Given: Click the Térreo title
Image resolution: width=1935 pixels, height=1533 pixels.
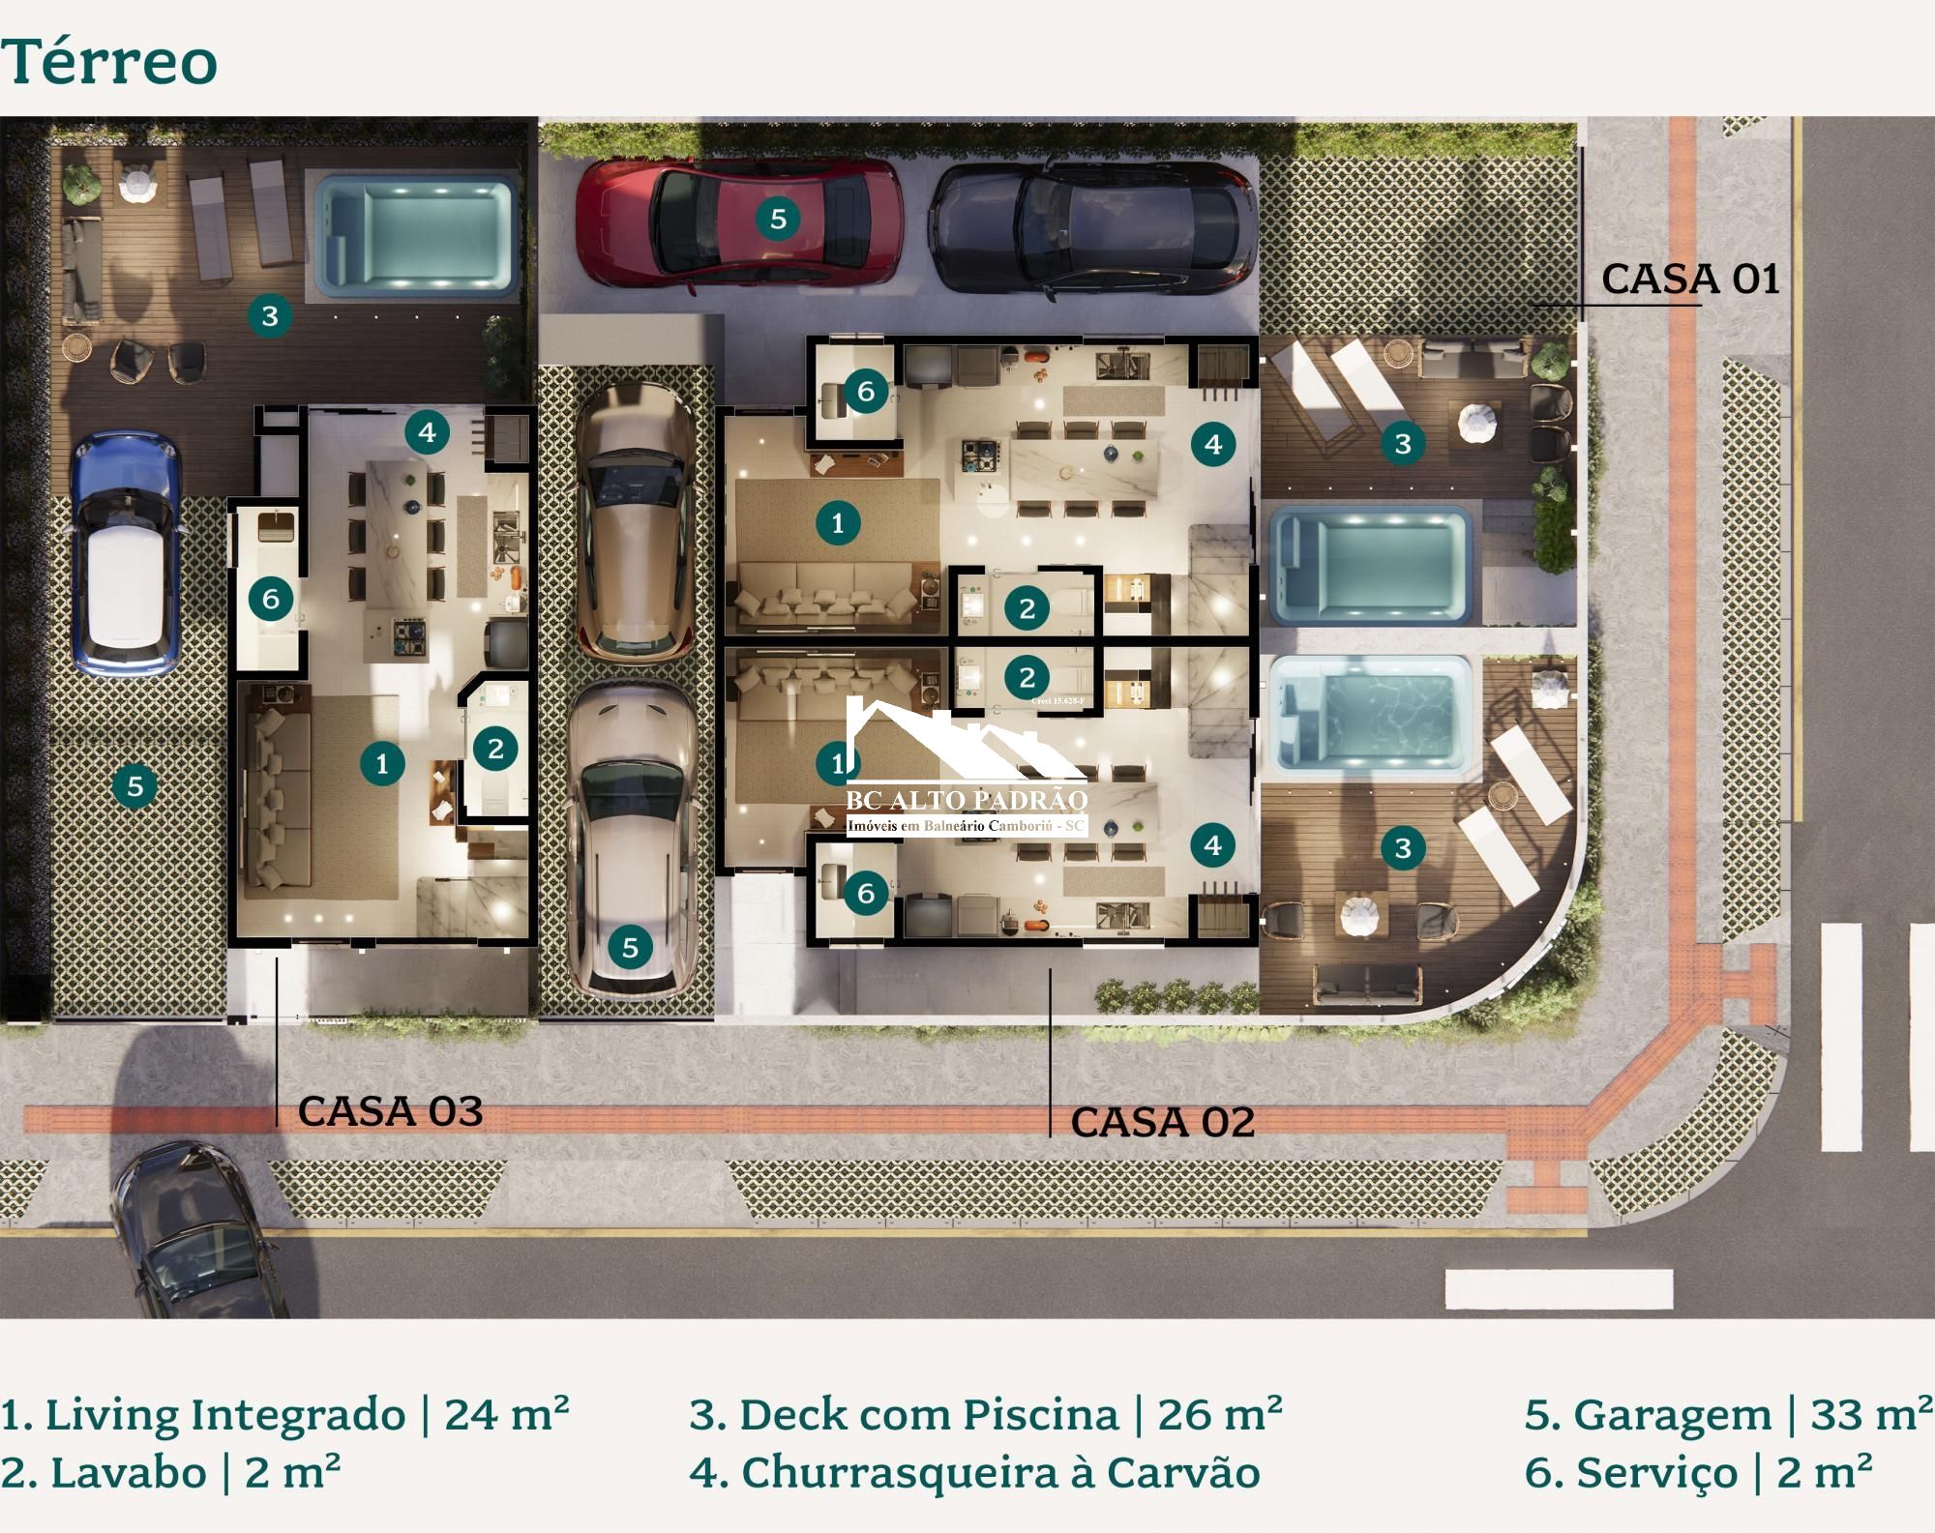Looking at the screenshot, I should point(108,62).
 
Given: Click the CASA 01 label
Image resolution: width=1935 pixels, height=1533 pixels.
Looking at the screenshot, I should point(1689,280).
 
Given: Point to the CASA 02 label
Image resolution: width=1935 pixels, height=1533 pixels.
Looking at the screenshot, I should point(1162,1122).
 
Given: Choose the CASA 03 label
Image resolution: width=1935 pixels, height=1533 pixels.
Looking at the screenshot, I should point(390,1110).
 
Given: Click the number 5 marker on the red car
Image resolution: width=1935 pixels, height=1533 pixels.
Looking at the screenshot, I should point(778,220).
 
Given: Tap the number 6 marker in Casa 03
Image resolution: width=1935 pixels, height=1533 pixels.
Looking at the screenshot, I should point(271,599).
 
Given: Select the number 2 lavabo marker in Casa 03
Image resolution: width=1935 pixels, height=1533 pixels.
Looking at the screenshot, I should point(495,748).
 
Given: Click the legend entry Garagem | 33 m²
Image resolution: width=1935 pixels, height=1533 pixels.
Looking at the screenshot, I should point(1727,1414).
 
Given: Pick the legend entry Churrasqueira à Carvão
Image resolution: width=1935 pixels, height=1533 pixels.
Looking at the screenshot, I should point(974,1473).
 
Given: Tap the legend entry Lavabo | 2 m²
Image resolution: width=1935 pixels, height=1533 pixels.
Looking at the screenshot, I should point(170,1473).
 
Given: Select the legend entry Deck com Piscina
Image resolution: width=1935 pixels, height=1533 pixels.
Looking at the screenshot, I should point(985,1414).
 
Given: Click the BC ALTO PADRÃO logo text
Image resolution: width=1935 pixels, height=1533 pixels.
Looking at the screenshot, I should point(967,800).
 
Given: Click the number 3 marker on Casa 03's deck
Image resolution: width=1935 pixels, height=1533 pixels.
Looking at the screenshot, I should point(270,315).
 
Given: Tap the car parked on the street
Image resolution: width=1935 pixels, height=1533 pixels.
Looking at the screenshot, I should point(198,1233).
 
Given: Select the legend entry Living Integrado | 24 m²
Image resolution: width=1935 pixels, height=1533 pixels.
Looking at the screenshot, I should point(283,1414).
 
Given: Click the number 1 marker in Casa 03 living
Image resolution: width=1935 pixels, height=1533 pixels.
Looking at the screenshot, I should point(382,763).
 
